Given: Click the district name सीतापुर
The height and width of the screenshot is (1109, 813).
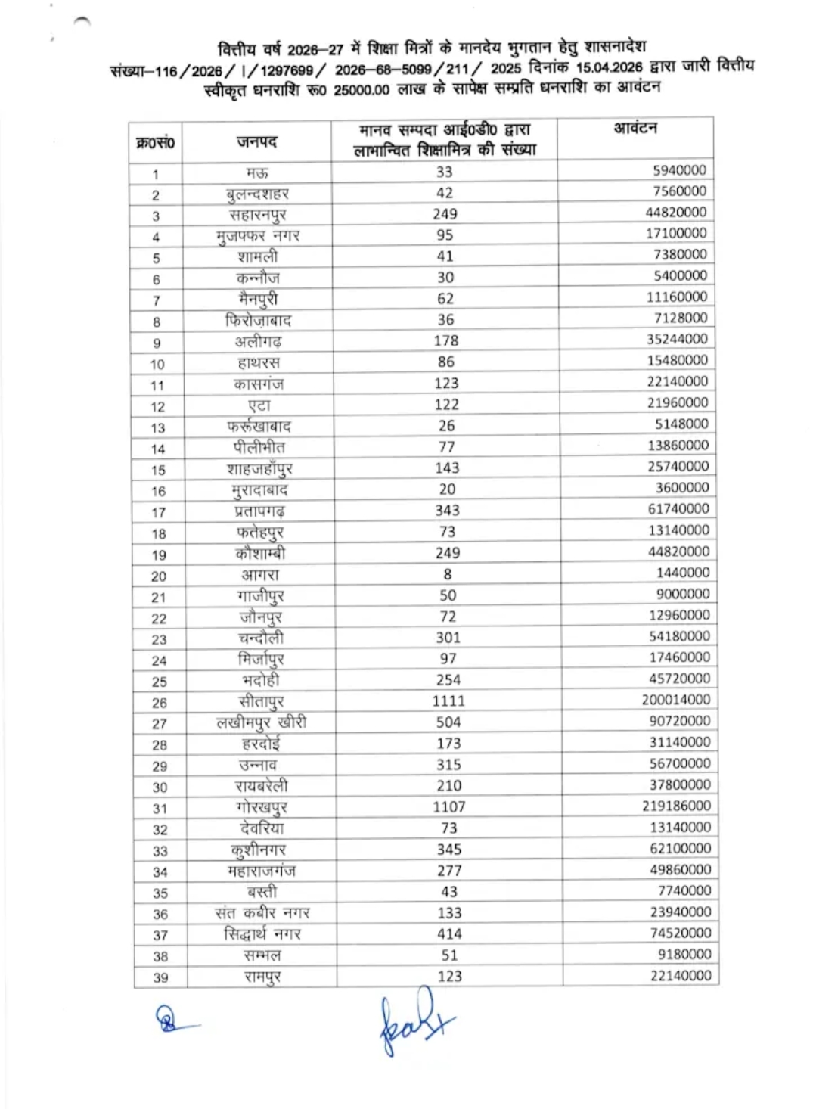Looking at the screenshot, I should pos(261,701).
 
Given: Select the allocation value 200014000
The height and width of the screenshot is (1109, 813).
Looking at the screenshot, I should pos(675,700).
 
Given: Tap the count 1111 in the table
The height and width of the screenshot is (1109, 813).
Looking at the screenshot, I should pos(448,701).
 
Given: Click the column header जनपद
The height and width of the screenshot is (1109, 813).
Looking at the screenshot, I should pos(256,141).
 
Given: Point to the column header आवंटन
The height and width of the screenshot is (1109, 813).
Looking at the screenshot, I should pos(635,129).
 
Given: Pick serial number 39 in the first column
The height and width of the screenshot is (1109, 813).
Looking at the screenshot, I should pos(160,977).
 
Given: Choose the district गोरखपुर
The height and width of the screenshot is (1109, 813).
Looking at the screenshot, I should pos(261,807).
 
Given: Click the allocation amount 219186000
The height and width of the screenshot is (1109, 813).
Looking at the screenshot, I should pos(676,806).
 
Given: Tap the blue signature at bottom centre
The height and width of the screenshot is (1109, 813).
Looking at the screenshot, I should pos(412,1021).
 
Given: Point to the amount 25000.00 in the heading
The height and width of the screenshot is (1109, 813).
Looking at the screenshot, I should pos(362,90).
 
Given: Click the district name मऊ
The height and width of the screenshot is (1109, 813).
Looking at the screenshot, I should pos(257,173).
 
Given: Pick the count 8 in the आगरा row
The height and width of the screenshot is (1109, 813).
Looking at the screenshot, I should pos(448,573).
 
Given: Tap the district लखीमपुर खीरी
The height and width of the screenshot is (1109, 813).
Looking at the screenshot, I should pos(261,722).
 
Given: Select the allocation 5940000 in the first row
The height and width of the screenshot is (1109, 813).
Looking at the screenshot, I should pos(679,170).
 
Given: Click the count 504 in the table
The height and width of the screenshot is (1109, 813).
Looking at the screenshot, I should pos(448,722).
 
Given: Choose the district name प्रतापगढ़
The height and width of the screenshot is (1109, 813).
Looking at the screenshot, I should pos(259,511).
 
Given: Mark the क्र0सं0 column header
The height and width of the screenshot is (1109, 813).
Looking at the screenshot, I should pos(155,142).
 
